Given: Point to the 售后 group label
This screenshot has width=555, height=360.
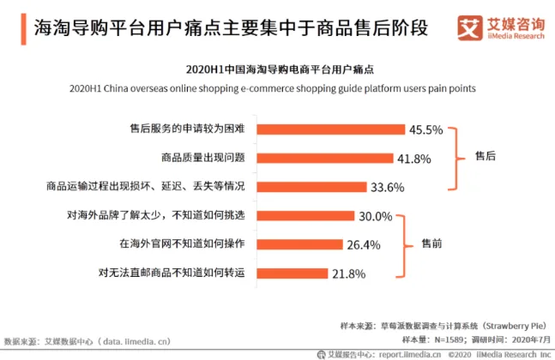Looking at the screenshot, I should pyautogui.click(x=486, y=158).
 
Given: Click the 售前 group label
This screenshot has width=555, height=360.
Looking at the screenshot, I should pyautogui.click(x=431, y=244).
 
